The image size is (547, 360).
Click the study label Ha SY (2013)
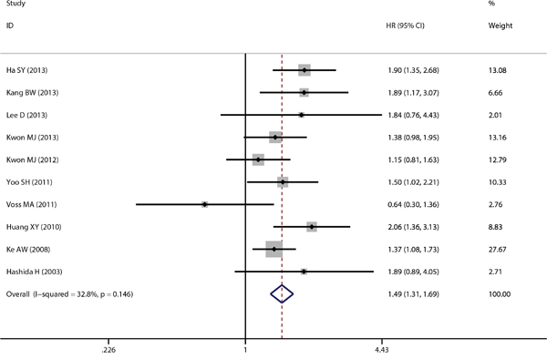[26, 70]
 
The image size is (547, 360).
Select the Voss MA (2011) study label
[31, 204]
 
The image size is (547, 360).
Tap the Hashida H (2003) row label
[35, 272]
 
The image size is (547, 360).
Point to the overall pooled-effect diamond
[282, 294]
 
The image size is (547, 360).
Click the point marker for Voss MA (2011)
[205, 204]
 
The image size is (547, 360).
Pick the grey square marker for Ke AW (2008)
[273, 249]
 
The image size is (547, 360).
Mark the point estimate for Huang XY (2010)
[312, 227]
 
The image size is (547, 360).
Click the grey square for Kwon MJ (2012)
[258, 159]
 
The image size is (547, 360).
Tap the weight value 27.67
[498, 250]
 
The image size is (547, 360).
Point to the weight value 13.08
[498, 70]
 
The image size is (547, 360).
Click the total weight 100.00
[500, 294]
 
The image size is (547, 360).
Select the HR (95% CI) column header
[406, 26]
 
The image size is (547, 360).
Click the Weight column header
[501, 26]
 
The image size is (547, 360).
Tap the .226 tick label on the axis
[108, 350]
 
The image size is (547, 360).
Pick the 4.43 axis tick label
[382, 350]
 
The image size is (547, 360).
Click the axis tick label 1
[245, 350]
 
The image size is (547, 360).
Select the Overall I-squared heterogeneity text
[69, 294]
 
